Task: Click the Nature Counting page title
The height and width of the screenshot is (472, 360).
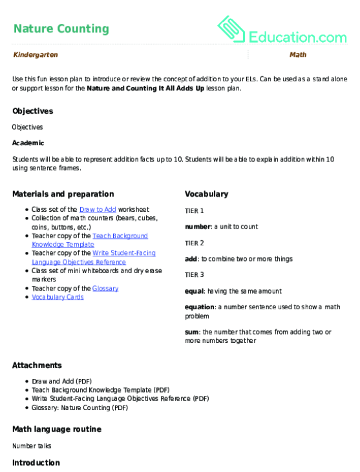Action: [x=61, y=28]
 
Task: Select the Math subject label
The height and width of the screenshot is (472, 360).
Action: [x=298, y=56]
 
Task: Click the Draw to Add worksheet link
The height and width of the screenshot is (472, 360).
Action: [x=98, y=210]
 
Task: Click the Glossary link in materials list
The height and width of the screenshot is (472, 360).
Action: [x=105, y=289]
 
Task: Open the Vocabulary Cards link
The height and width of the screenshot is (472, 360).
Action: [x=58, y=297]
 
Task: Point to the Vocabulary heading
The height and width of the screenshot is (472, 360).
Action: [x=206, y=194]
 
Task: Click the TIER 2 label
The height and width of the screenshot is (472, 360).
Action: [x=195, y=243]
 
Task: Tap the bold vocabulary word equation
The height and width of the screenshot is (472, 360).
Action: [x=200, y=308]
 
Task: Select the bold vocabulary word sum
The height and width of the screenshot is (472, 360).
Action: [x=192, y=332]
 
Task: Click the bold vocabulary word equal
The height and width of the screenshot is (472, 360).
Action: [x=195, y=292]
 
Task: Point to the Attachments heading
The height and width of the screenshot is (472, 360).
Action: [x=37, y=365]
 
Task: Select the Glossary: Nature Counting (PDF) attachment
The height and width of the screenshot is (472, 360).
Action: [x=80, y=407]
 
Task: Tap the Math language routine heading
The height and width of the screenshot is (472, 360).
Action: [x=57, y=429]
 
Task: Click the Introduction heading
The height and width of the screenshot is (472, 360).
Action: [x=36, y=463]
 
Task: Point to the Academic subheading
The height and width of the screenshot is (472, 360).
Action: [x=28, y=143]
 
